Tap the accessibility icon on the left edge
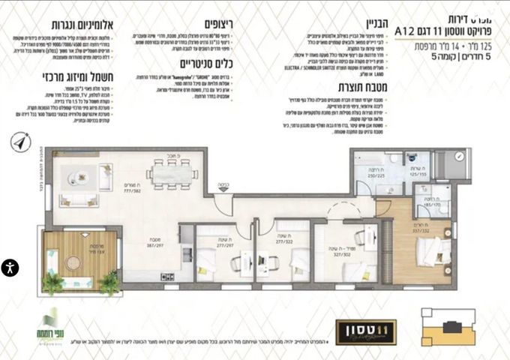click(9, 268)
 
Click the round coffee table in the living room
click(77, 178)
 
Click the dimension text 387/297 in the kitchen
click(156, 244)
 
